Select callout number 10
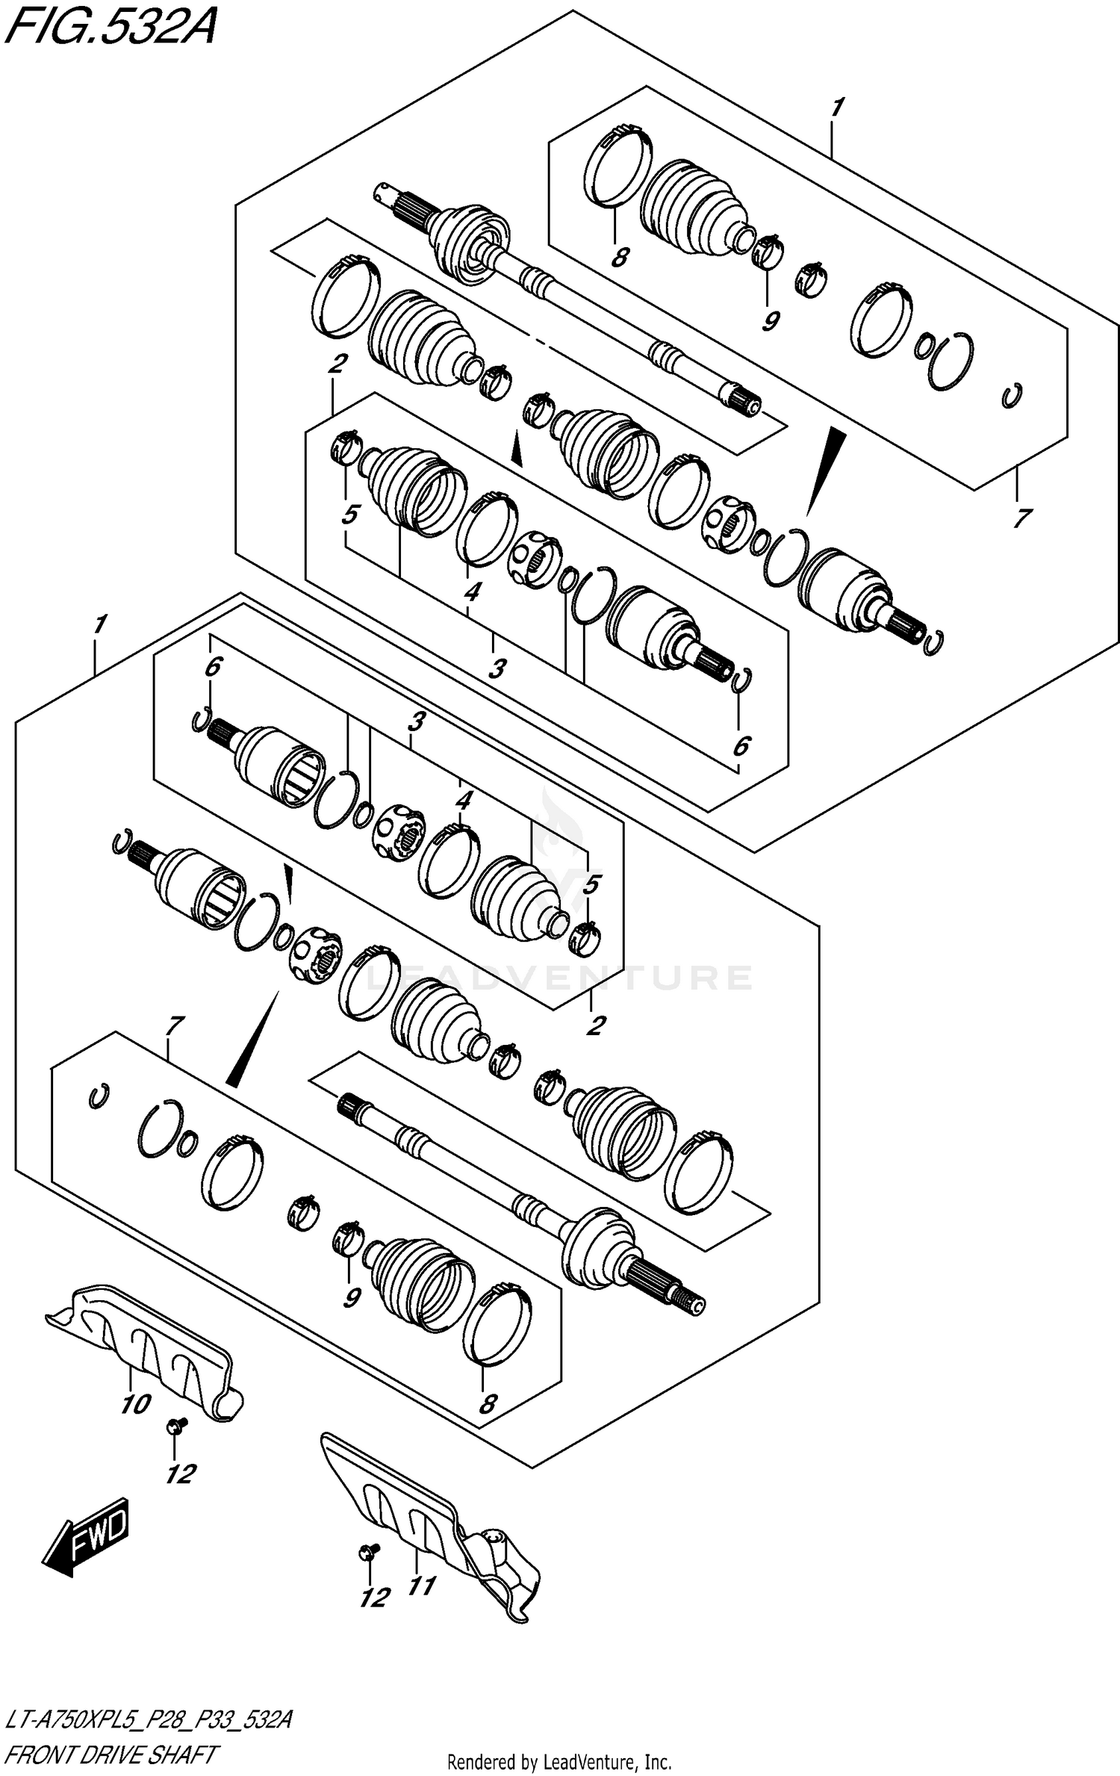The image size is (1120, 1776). pos(136,1404)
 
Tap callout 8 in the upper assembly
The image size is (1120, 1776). pos(619,258)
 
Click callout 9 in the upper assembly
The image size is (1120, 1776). pos(771,320)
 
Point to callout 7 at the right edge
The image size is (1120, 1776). pos(1021,517)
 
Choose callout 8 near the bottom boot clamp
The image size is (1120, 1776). pos(487,1404)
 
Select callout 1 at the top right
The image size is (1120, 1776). pos(836,108)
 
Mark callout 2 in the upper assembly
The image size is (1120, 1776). pos(337,364)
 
